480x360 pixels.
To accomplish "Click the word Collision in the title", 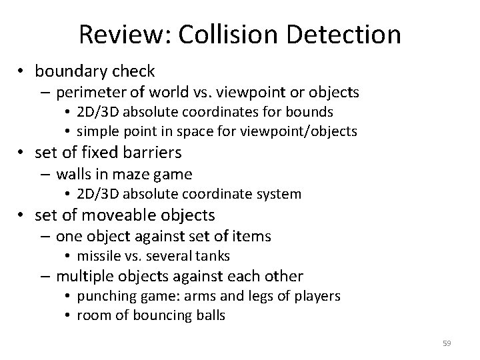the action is [218, 35].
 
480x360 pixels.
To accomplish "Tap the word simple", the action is [98, 131].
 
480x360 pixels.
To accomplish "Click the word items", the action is [253, 235].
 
